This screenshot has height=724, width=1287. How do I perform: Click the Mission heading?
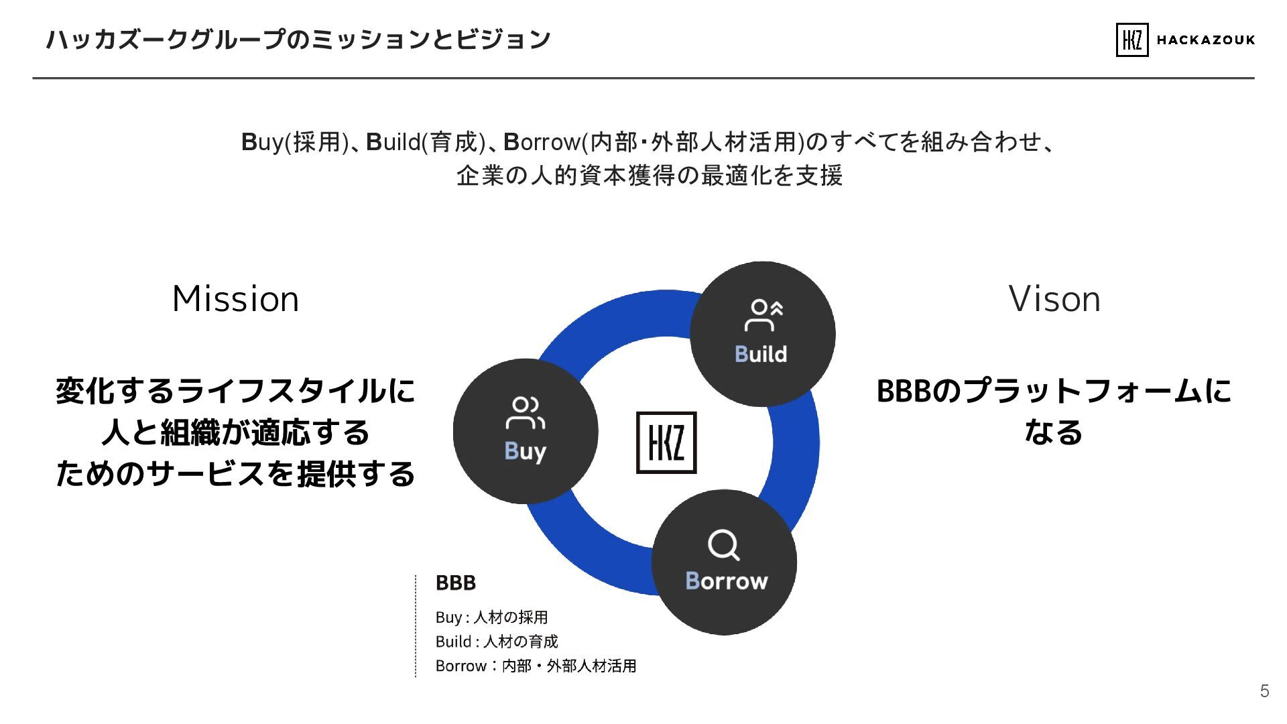click(235, 299)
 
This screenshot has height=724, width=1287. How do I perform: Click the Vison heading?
click(1054, 299)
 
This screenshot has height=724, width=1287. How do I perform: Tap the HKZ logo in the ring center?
click(666, 442)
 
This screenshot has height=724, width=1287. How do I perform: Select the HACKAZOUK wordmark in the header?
click(1206, 40)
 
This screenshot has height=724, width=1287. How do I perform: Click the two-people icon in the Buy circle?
click(525, 412)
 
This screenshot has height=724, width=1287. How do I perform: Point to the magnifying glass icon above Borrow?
click(724, 545)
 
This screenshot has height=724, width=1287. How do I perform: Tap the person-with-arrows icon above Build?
click(763, 315)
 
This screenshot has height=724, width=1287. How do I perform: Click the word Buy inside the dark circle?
click(525, 451)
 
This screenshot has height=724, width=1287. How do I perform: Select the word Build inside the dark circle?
click(761, 354)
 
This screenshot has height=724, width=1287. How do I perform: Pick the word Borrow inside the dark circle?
click(727, 581)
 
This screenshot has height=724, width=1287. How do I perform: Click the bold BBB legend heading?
click(456, 583)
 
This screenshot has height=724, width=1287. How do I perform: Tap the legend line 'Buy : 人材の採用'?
click(491, 617)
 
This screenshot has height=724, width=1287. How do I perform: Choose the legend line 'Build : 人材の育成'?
click(496, 642)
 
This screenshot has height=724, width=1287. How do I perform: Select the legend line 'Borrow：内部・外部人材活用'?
click(536, 666)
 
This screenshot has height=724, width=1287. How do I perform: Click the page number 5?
click(1264, 691)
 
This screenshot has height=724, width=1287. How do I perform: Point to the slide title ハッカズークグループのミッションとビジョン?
click(298, 40)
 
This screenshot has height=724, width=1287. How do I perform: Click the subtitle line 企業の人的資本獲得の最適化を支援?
click(649, 176)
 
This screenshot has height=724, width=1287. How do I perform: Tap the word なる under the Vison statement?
click(1054, 432)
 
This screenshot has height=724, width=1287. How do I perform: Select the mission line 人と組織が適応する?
click(235, 432)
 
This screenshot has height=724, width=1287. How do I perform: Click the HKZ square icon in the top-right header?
click(1131, 40)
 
